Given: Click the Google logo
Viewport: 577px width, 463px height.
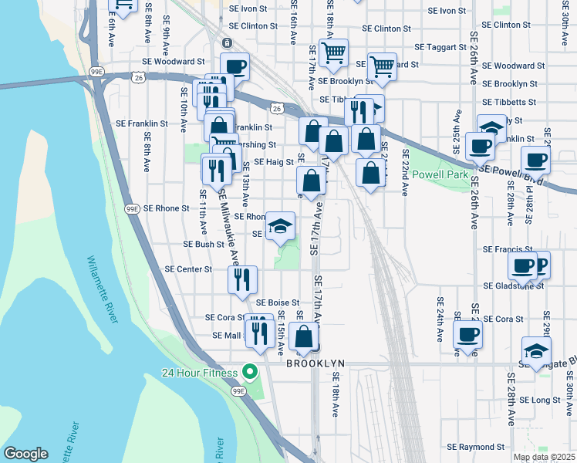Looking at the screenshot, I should [25, 454].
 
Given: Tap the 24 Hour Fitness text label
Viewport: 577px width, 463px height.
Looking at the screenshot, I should [201, 373].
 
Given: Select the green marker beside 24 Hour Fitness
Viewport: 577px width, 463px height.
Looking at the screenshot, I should [249, 373].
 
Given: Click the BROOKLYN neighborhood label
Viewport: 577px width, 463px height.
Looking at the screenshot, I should [315, 363].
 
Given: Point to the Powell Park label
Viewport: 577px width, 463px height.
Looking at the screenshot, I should [441, 174].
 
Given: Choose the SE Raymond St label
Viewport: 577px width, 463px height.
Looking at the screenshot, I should [475, 447].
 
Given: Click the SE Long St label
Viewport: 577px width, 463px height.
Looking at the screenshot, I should [540, 400].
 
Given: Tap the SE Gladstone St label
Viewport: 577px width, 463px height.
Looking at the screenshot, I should [514, 286].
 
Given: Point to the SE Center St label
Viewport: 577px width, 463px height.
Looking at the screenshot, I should [188, 269].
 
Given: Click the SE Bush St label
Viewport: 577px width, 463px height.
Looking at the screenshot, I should [203, 244].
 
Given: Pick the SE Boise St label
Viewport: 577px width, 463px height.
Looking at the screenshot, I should [278, 302].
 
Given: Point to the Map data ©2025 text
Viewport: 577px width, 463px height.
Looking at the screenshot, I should [543, 457].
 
